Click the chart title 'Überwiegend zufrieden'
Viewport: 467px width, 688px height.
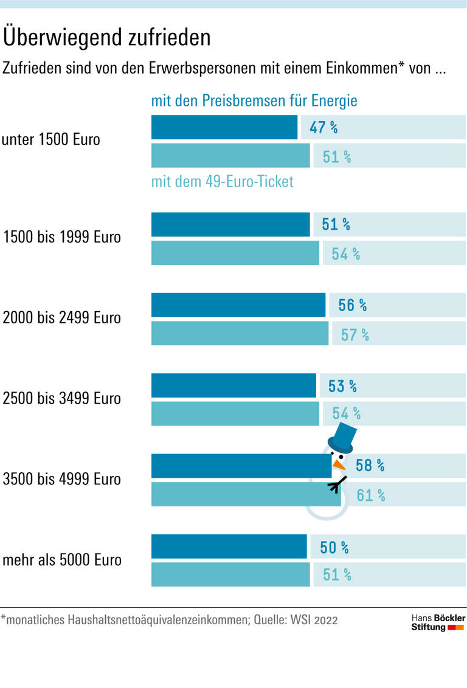[107, 38]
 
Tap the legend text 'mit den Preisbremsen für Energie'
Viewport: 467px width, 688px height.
[254, 100]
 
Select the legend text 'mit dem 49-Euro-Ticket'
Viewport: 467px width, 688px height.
[222, 181]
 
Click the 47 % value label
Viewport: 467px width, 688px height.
[323, 128]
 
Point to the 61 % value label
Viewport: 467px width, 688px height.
[370, 495]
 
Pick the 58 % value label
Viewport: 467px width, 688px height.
[370, 466]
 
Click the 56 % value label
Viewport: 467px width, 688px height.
[352, 305]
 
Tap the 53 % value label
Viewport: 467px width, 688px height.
[342, 386]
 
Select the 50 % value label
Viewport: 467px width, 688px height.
[334, 548]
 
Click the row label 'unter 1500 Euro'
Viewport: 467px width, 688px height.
[51, 139]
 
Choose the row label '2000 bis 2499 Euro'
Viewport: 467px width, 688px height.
[62, 317]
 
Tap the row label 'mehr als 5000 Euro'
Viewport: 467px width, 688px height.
[62, 559]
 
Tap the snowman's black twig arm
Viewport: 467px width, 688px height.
[336, 484]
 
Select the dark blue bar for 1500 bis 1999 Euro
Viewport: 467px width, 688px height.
[230, 224]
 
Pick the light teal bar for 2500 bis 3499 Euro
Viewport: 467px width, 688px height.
[235, 413]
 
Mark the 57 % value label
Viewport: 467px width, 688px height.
[355, 334]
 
